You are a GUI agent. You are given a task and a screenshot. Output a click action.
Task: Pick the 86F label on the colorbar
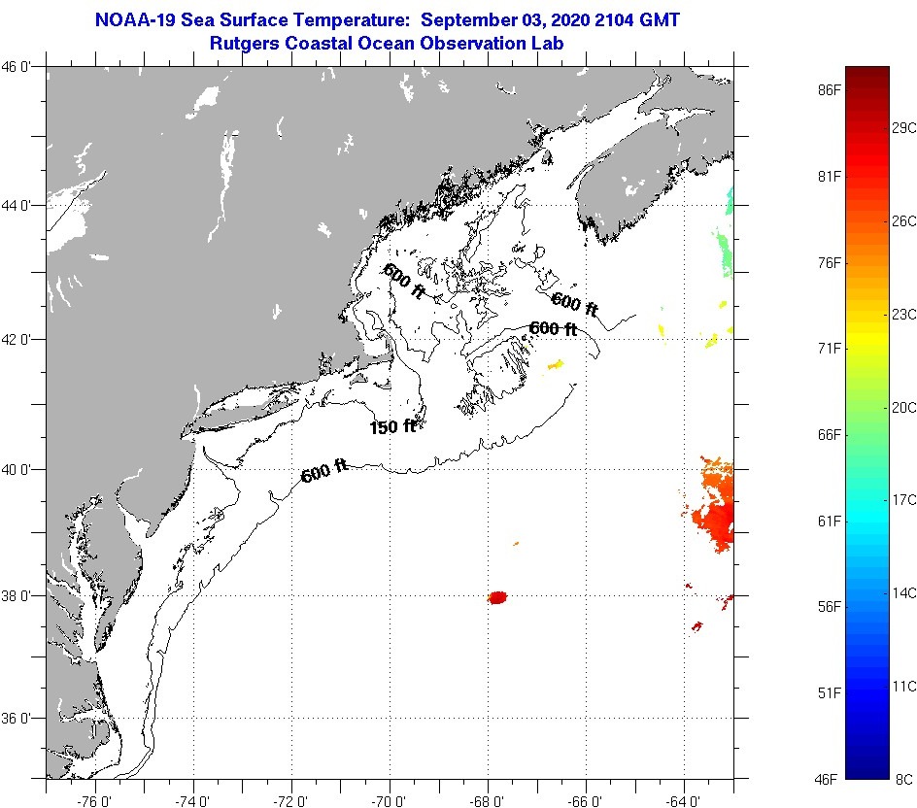pyautogui.click(x=829, y=89)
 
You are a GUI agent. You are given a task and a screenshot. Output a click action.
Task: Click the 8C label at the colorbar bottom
pyautogui.click(x=904, y=779)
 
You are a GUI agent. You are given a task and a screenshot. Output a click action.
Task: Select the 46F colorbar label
pyautogui.click(x=829, y=779)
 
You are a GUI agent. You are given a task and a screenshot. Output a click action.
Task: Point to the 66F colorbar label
pyautogui.click(x=829, y=434)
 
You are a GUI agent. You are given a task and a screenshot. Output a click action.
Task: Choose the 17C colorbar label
pyautogui.click(x=904, y=500)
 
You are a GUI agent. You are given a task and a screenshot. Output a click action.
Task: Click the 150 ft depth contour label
pyautogui.click(x=392, y=427)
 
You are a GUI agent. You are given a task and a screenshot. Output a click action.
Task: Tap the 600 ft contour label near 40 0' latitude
pyautogui.click(x=324, y=473)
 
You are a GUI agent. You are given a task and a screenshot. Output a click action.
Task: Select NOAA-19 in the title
pyautogui.click(x=135, y=19)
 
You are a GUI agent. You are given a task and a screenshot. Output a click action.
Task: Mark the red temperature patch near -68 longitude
pyautogui.click(x=498, y=597)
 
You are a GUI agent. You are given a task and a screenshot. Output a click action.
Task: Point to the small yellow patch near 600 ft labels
pyautogui.click(x=556, y=365)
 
